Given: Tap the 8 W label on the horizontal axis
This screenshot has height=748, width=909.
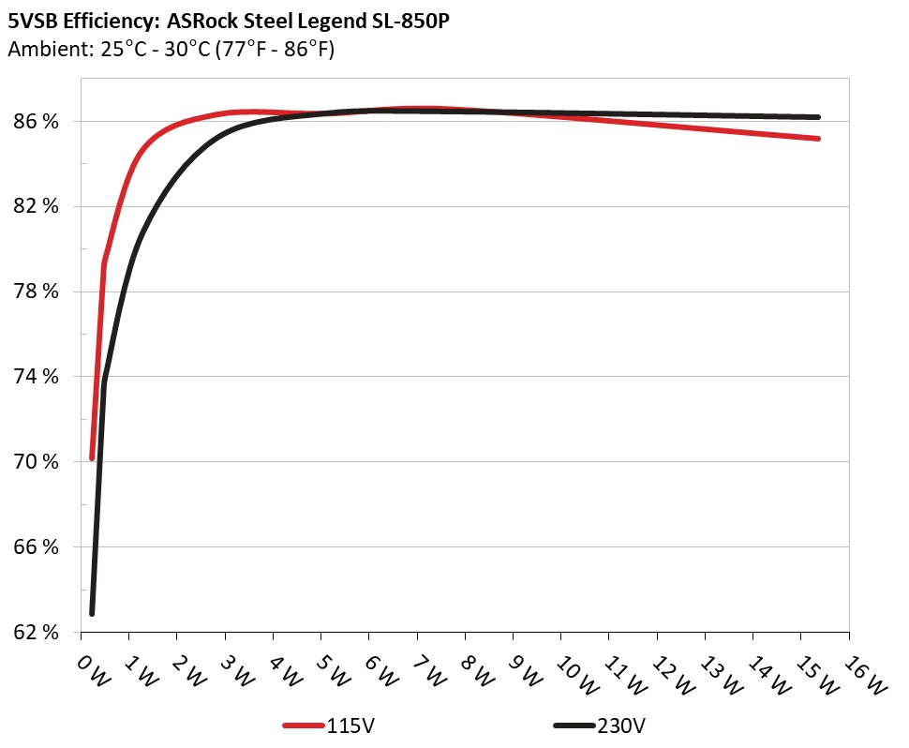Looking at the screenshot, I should point(477,669).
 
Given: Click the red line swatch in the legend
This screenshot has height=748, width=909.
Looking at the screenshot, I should point(304,726).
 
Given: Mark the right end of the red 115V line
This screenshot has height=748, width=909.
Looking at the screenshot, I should point(818,139).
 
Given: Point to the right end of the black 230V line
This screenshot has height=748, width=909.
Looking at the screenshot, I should point(818,117).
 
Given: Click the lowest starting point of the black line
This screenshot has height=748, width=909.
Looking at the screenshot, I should point(92,613).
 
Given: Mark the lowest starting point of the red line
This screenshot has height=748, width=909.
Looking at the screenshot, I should point(92,458).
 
